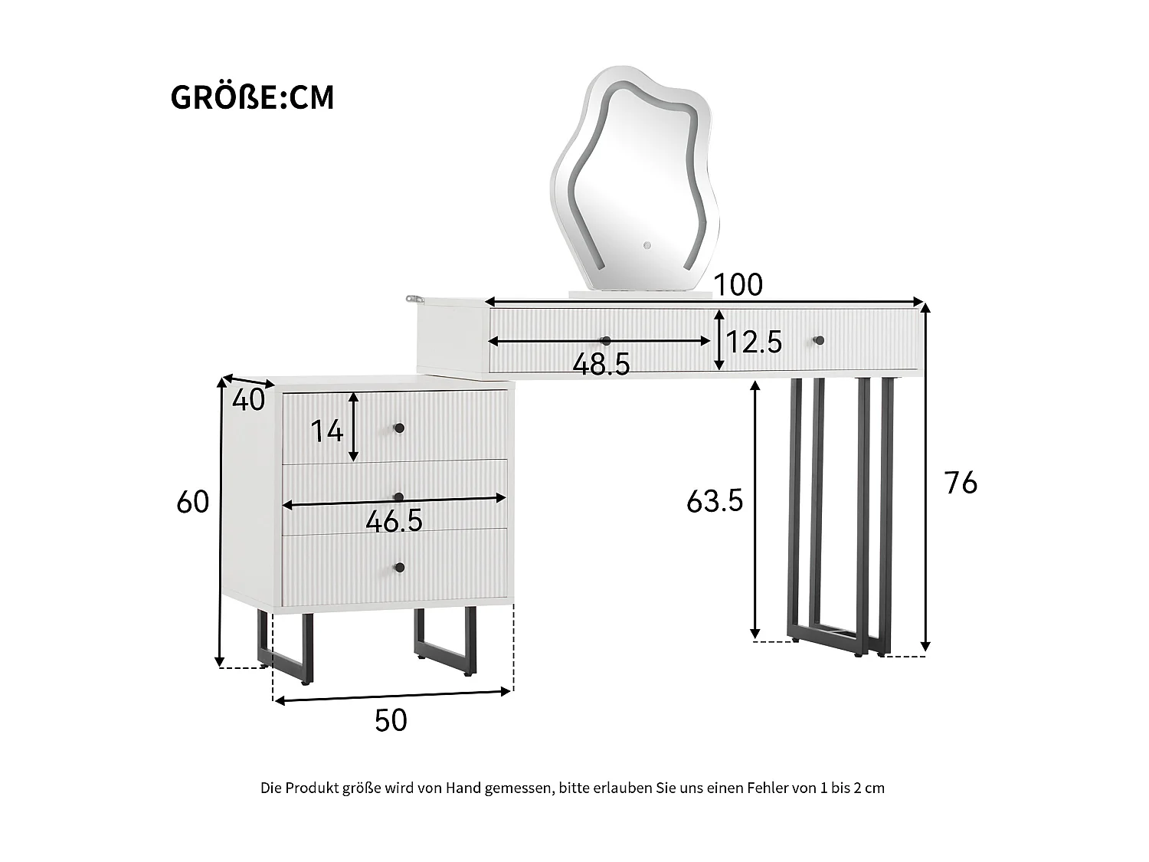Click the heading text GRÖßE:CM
point(252,98)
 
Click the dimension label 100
point(741,284)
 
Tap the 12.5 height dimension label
point(754,342)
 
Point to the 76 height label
point(961,483)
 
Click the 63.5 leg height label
point(715,501)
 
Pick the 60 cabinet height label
point(192,502)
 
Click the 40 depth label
point(248,400)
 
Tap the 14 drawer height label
point(327,431)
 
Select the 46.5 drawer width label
point(394,521)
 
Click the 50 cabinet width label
point(391,720)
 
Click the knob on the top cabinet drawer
point(398,428)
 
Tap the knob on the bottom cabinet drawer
point(398,568)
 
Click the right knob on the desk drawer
point(819,340)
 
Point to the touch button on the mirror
point(646,246)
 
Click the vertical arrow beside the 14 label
point(353,427)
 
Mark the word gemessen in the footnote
point(516,788)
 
